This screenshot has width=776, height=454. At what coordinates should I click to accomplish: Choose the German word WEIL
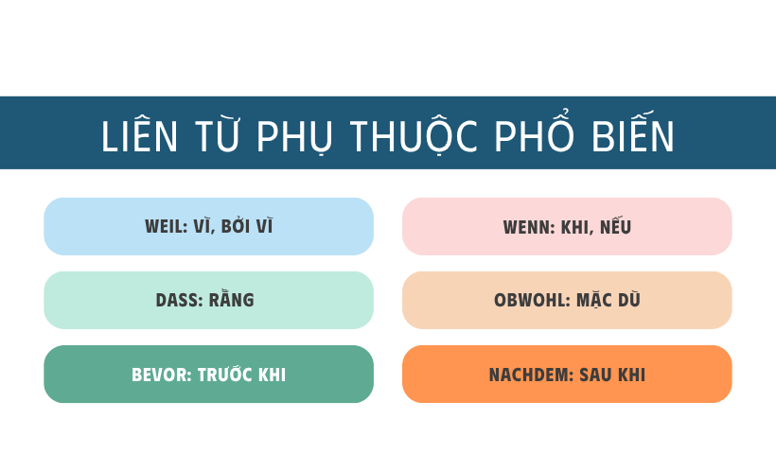coord(166,227)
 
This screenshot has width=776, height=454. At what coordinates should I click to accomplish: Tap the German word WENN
coord(527,228)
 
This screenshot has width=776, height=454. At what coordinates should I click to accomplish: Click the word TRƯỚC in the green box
coord(227,375)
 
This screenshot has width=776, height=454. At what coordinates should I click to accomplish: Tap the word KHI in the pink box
coord(577,228)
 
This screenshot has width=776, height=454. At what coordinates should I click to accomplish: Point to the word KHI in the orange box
coord(631,375)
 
